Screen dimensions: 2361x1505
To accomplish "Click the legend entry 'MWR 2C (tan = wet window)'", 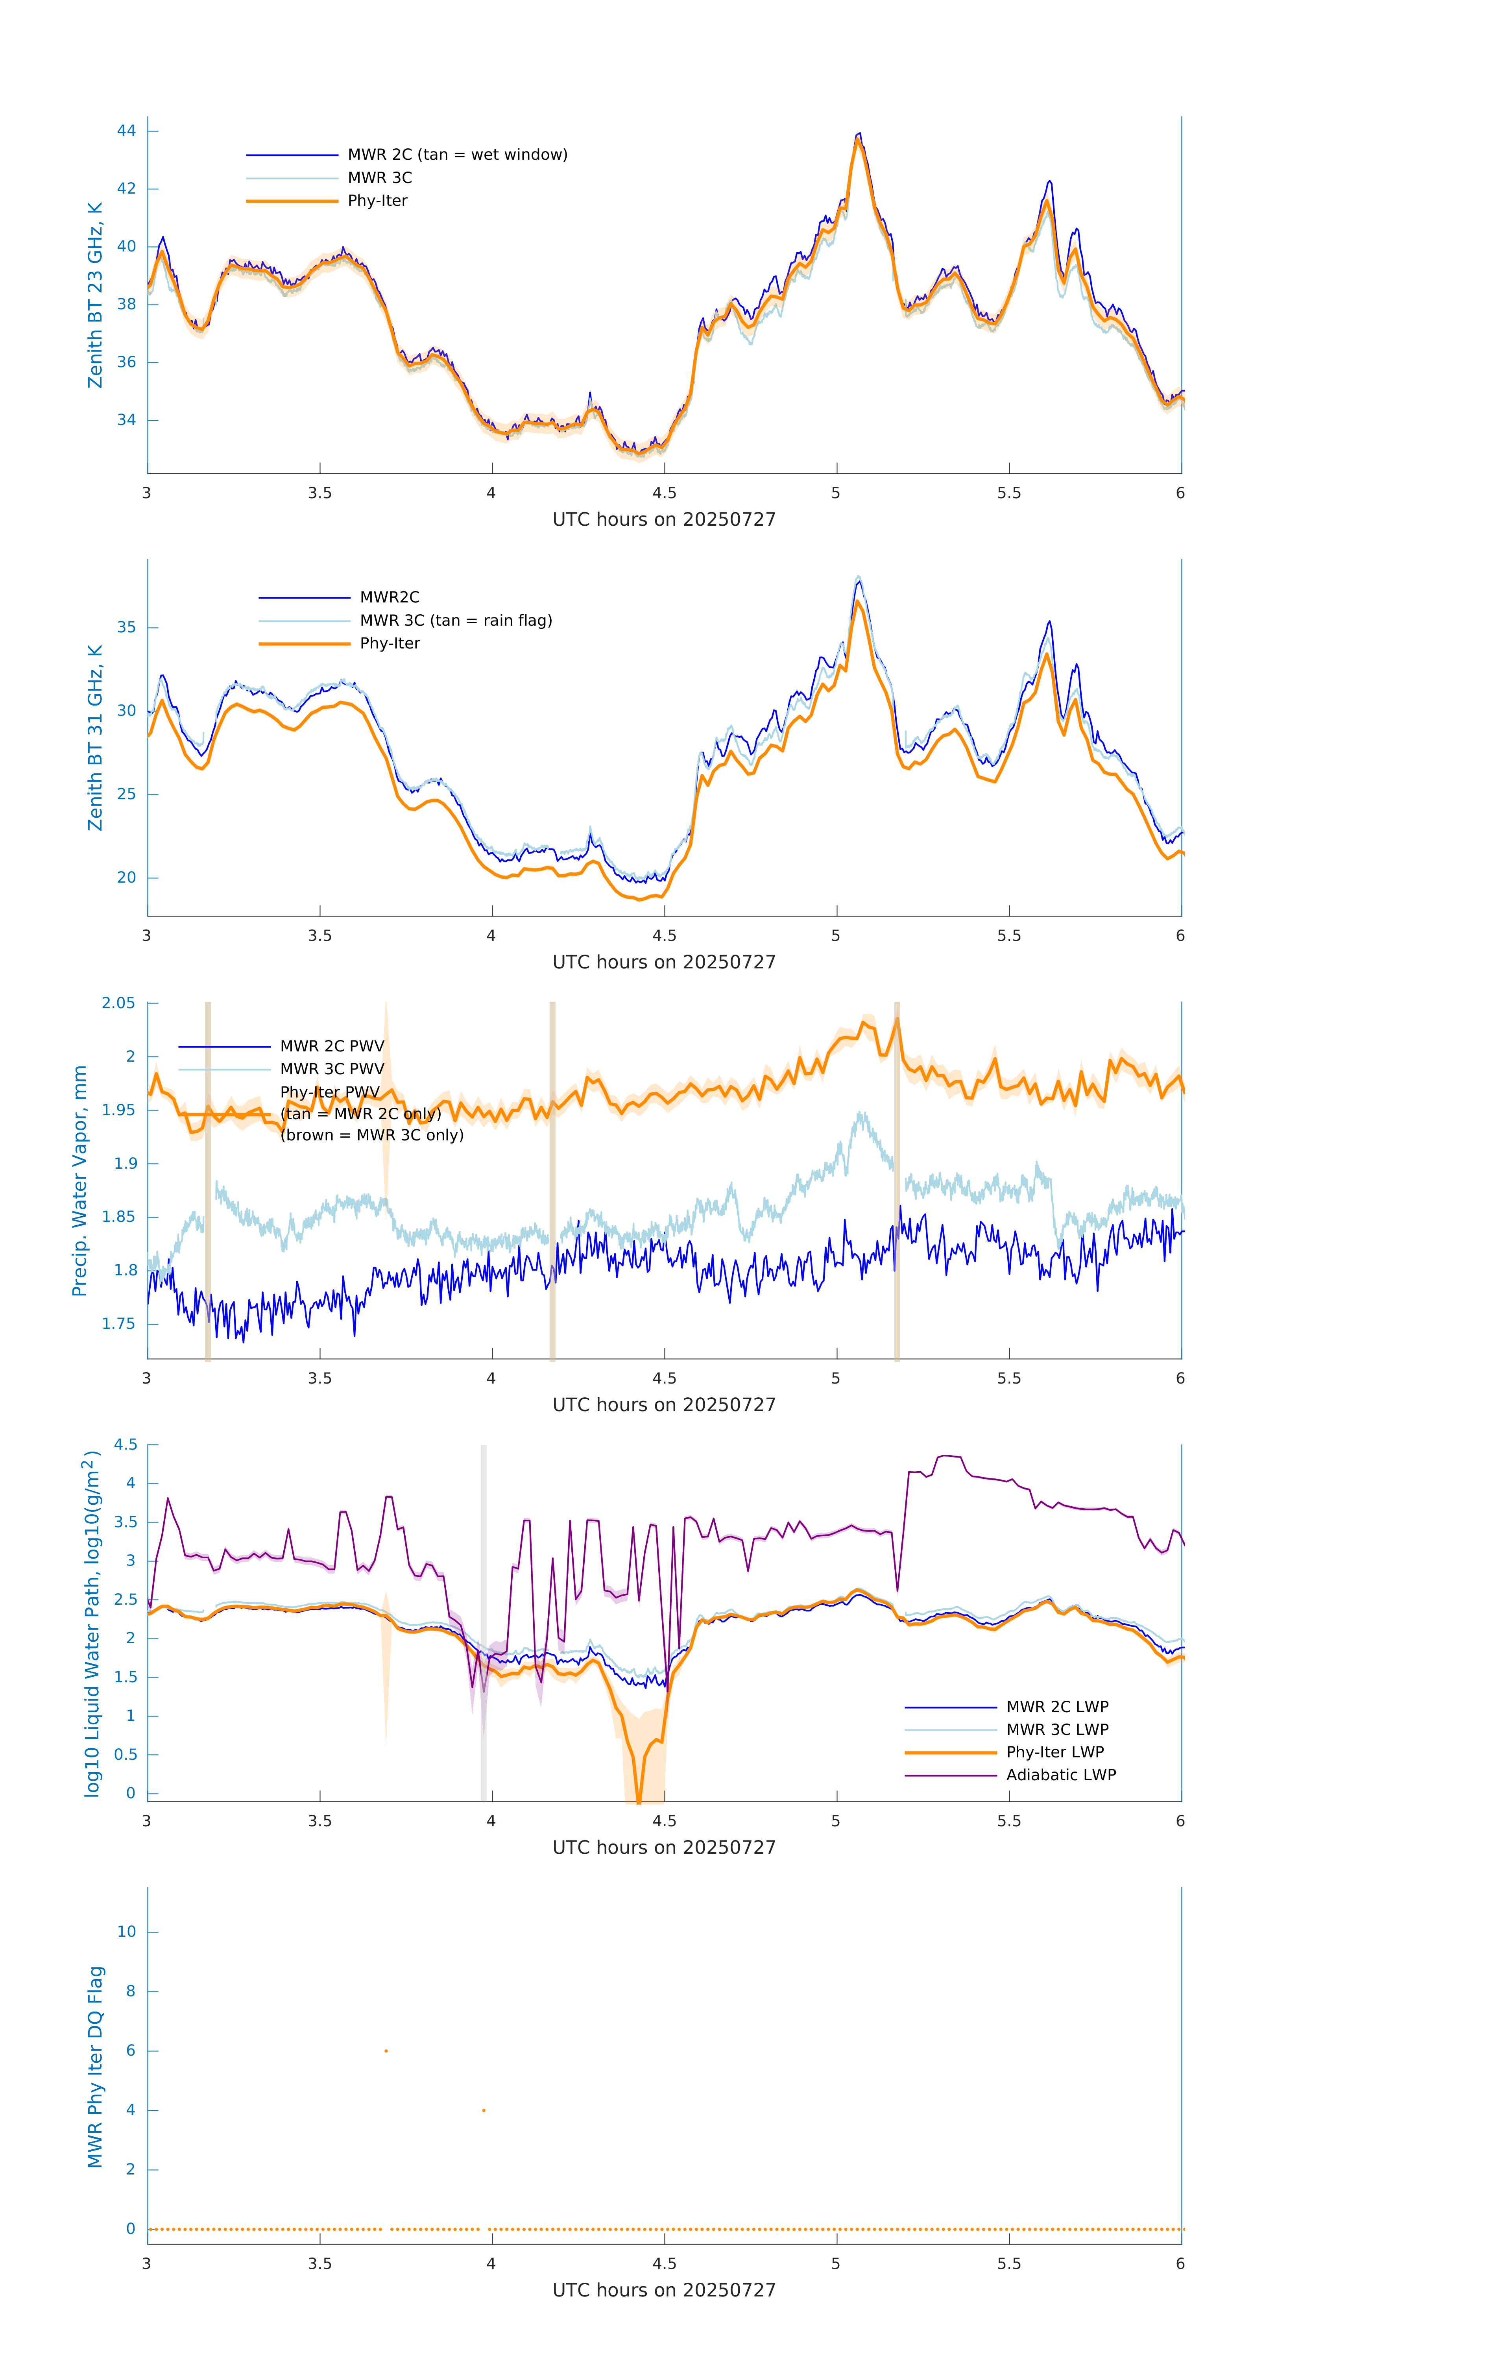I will pos(457,155).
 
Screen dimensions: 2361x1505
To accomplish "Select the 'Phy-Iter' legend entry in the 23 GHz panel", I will pos(377,201).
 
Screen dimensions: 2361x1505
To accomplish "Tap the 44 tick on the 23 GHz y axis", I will pos(126,130).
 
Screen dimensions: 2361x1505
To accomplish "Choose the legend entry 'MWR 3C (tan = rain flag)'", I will pos(456,621).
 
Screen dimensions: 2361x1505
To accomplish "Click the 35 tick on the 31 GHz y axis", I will pos(126,628).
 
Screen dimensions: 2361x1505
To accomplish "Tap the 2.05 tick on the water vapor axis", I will pos(119,1003).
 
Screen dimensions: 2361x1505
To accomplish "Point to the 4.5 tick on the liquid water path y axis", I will pos(126,1445).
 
